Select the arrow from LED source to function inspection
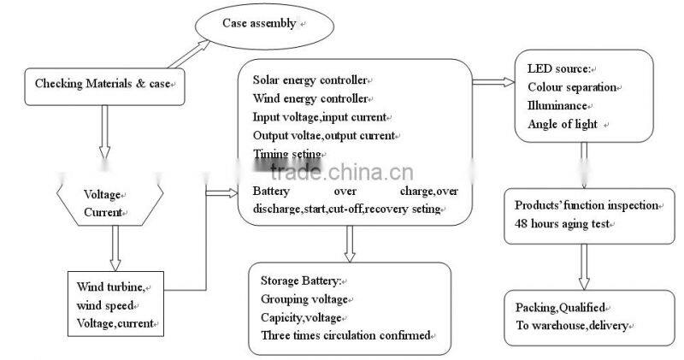[583, 165]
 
